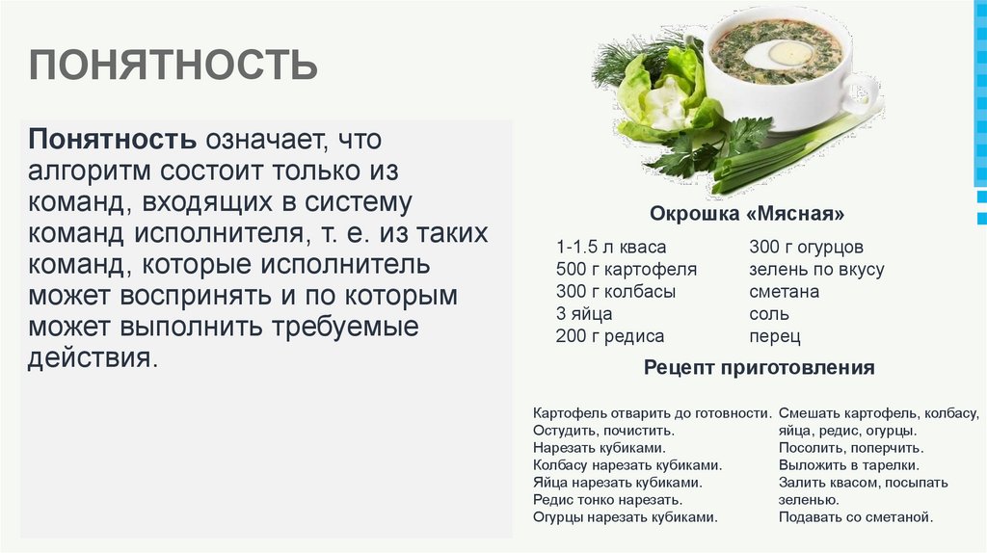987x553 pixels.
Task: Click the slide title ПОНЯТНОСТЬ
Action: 173,66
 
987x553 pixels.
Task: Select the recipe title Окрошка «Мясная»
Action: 747,213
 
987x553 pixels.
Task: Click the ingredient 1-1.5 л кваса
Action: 611,248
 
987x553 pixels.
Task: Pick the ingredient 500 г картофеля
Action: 626,270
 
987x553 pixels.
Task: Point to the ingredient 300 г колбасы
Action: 615,292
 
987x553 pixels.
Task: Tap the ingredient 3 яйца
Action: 583,314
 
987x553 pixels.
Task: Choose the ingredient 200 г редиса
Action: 609,336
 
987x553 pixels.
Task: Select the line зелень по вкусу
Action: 816,270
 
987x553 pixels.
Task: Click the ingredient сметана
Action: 784,292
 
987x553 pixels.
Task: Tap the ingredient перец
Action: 774,336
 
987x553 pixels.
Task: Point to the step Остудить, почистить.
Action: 602,431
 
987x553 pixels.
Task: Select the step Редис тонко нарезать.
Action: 607,500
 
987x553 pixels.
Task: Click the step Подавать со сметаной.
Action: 856,517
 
